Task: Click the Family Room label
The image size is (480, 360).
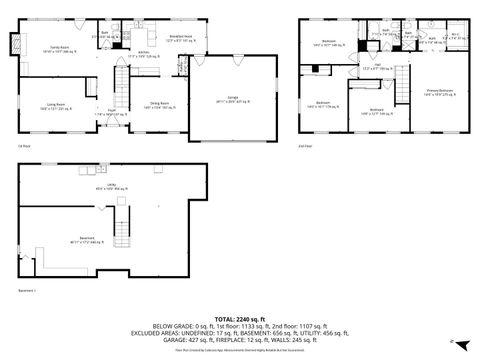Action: [x=58, y=48]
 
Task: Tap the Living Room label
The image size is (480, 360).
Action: [x=56, y=104]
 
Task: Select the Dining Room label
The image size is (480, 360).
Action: [x=159, y=104]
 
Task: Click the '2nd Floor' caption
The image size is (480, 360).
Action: [x=305, y=146]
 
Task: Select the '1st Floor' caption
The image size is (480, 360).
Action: [x=23, y=146]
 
